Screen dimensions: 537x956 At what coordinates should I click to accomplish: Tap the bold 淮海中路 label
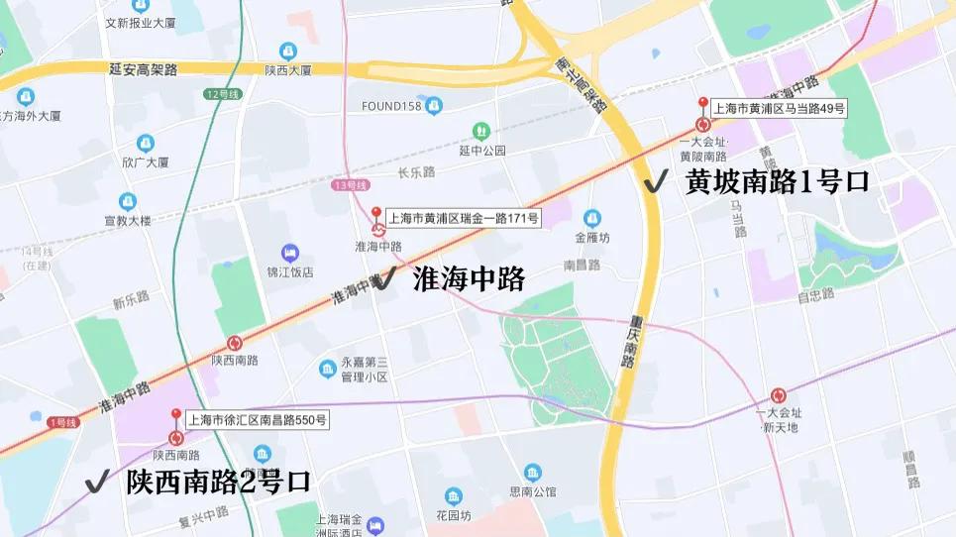469,279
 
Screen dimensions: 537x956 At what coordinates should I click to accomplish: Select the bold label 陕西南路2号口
218,483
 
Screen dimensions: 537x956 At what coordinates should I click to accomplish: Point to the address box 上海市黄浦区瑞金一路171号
464,217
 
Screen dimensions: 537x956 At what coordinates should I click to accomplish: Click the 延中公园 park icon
481,131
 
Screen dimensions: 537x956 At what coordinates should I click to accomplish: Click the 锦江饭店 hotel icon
289,252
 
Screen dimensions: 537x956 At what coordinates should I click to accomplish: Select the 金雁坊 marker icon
592,218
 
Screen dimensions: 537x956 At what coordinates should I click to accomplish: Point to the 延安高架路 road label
144,69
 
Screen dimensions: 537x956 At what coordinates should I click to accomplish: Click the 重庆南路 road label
631,342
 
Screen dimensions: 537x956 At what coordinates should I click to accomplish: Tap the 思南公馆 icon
533,473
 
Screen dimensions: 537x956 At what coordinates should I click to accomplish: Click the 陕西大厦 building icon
287,51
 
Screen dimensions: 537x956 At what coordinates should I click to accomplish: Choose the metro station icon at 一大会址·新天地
779,395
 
